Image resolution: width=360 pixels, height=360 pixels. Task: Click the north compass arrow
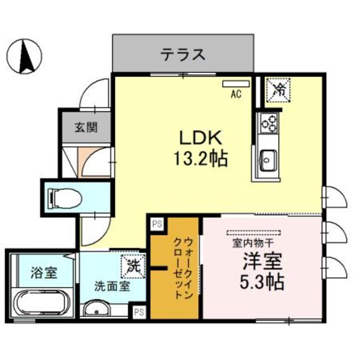(25, 56)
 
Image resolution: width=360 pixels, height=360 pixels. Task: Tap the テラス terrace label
(182, 55)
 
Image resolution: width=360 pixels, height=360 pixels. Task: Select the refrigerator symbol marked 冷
(278, 89)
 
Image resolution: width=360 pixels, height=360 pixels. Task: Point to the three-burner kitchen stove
(268, 123)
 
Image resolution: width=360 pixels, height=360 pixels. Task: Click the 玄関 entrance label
(85, 127)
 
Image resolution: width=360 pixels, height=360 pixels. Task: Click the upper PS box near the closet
(156, 223)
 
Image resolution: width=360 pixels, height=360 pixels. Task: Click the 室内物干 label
(253, 243)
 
